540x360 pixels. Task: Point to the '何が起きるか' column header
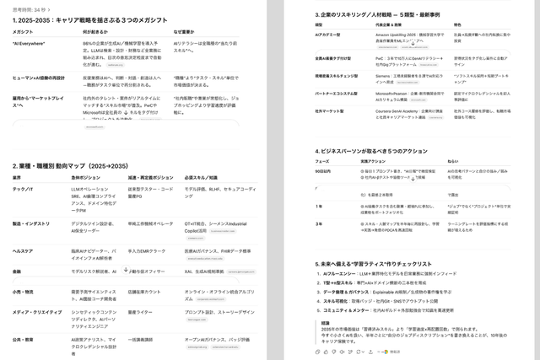(x=97, y=30)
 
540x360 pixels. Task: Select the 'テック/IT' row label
(x=24, y=189)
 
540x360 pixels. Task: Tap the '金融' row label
(x=17, y=271)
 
